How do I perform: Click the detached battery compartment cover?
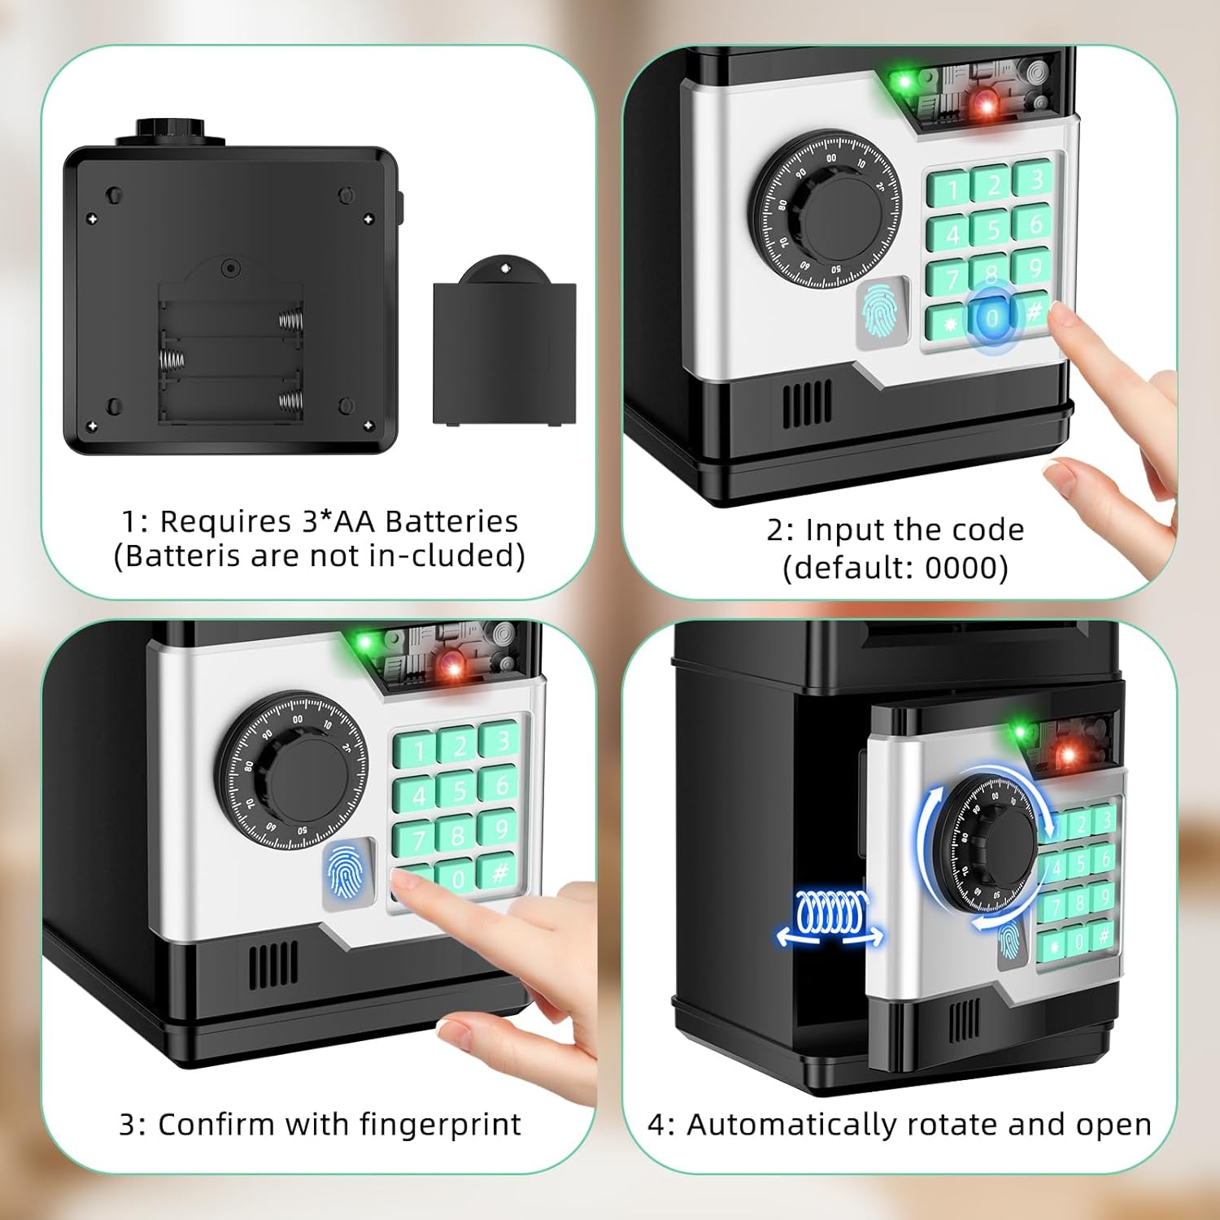pyautogui.click(x=504, y=346)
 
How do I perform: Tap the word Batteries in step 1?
pyautogui.click(x=451, y=521)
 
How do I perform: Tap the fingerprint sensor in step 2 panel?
pyautogui.click(x=881, y=313)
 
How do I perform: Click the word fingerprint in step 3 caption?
pyautogui.click(x=440, y=1124)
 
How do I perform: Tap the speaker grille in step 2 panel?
pyautogui.click(x=808, y=403)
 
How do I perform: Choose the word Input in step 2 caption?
pyautogui.click(x=846, y=530)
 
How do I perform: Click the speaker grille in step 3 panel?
pyautogui.click(x=272, y=965)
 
